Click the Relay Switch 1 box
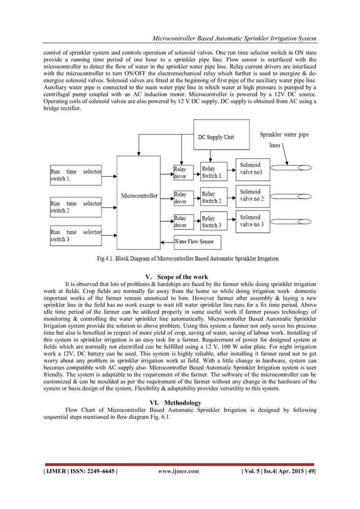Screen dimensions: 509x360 [x=213, y=172]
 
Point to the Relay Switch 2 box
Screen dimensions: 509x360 [x=213, y=197]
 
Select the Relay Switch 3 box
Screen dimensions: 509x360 [x=213, y=221]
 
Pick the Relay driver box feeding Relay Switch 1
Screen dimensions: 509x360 [x=181, y=172]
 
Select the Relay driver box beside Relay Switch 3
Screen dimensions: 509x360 [x=181, y=221]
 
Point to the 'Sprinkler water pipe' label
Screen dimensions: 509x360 [x=284, y=135]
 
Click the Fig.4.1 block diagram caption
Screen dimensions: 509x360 [x=179, y=259]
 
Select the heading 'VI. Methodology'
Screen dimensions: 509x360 [x=179, y=402]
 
